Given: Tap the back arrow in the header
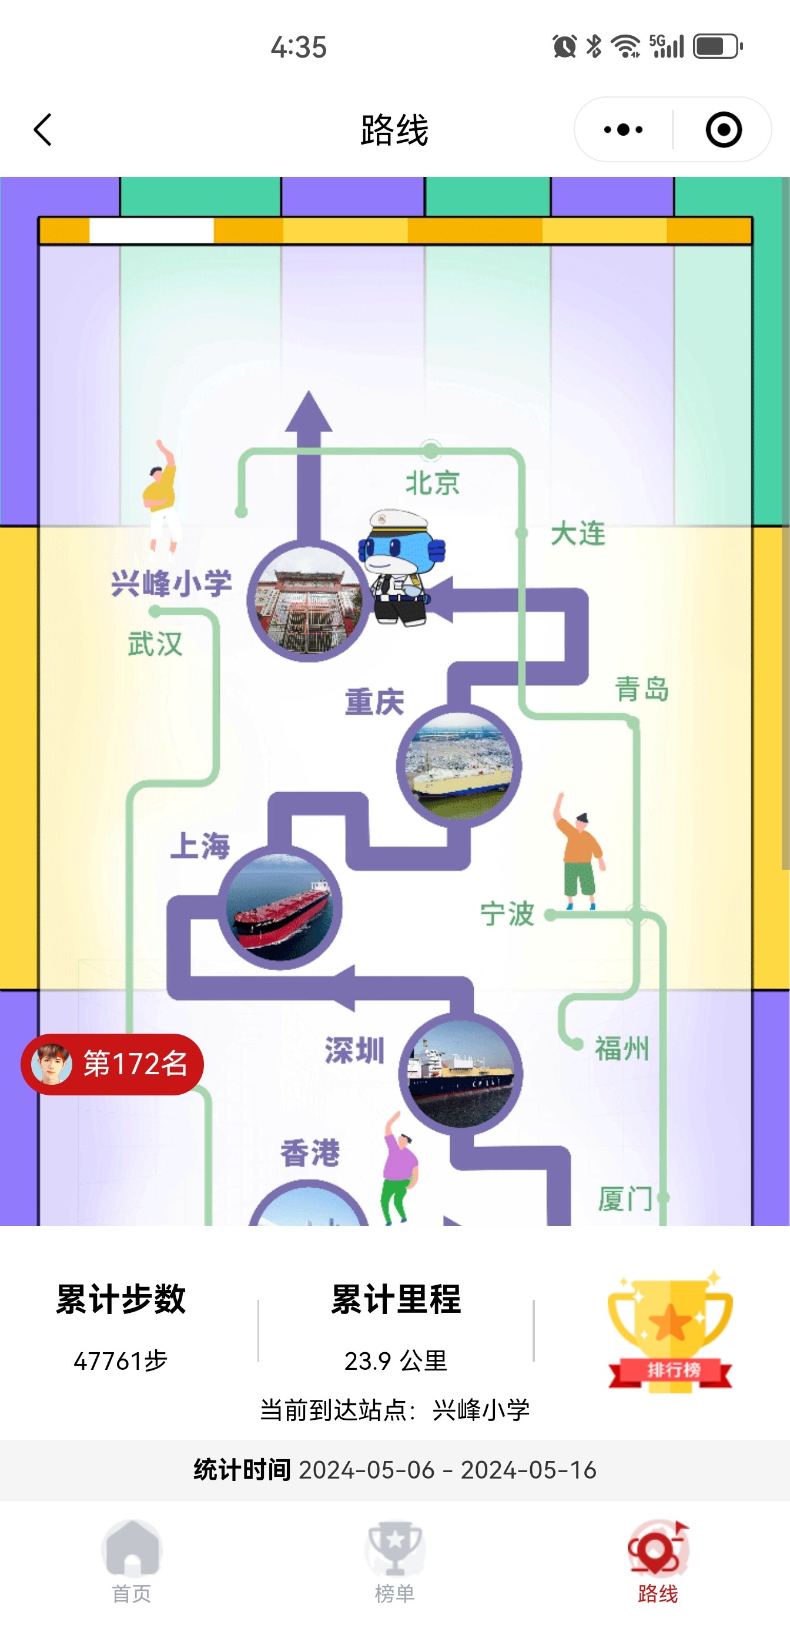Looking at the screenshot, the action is tap(42, 130).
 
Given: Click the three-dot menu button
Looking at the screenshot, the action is tap(623, 130).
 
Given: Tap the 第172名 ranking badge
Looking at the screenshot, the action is tap(112, 1064).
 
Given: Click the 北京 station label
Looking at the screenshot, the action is tap(433, 483).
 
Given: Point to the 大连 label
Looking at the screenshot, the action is tap(578, 534).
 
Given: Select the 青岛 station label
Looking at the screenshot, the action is tap(642, 689).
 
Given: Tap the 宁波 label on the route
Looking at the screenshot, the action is tap(507, 914).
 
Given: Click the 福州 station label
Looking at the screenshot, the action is tap(621, 1048).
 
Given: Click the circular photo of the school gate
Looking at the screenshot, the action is tap(309, 600).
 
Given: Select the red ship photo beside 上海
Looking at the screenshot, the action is tap(280, 908).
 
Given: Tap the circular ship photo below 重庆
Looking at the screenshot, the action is tap(459, 766).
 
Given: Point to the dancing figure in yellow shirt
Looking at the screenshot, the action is tap(161, 500).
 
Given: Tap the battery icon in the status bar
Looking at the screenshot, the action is tap(717, 46).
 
